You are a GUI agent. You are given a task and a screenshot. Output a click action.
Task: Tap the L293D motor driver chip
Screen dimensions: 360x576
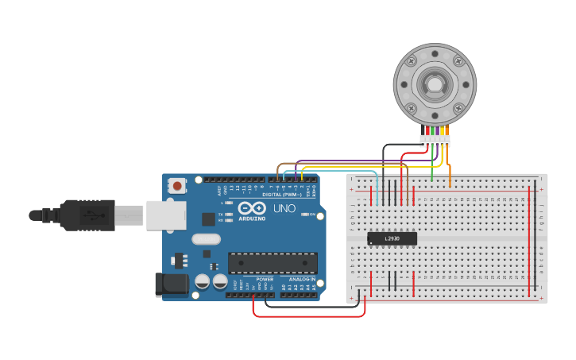click(392, 238)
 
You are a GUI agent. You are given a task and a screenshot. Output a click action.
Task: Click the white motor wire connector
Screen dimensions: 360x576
click(435, 141)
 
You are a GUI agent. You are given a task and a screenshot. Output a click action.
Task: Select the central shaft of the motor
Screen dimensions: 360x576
click(435, 83)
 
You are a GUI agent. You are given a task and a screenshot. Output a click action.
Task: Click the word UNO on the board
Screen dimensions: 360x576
click(284, 209)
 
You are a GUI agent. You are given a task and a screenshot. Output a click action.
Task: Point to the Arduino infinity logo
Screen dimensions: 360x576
click(253, 208)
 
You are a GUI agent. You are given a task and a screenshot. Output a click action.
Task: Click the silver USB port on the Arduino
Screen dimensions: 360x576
click(166, 215)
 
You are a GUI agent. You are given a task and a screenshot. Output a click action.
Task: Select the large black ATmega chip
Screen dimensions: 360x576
click(273, 263)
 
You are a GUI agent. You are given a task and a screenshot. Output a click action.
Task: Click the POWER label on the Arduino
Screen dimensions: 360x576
click(265, 279)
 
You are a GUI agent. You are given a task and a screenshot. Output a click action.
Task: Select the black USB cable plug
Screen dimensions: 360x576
click(87, 214)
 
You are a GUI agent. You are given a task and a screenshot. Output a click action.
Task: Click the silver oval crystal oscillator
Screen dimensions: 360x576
click(205, 238)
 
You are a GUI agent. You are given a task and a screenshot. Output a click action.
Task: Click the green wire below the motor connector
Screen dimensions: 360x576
click(432, 163)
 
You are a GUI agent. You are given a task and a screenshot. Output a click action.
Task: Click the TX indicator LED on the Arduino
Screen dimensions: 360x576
click(229, 215)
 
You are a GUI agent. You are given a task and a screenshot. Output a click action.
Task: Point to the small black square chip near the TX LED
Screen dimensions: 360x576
click(208, 219)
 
